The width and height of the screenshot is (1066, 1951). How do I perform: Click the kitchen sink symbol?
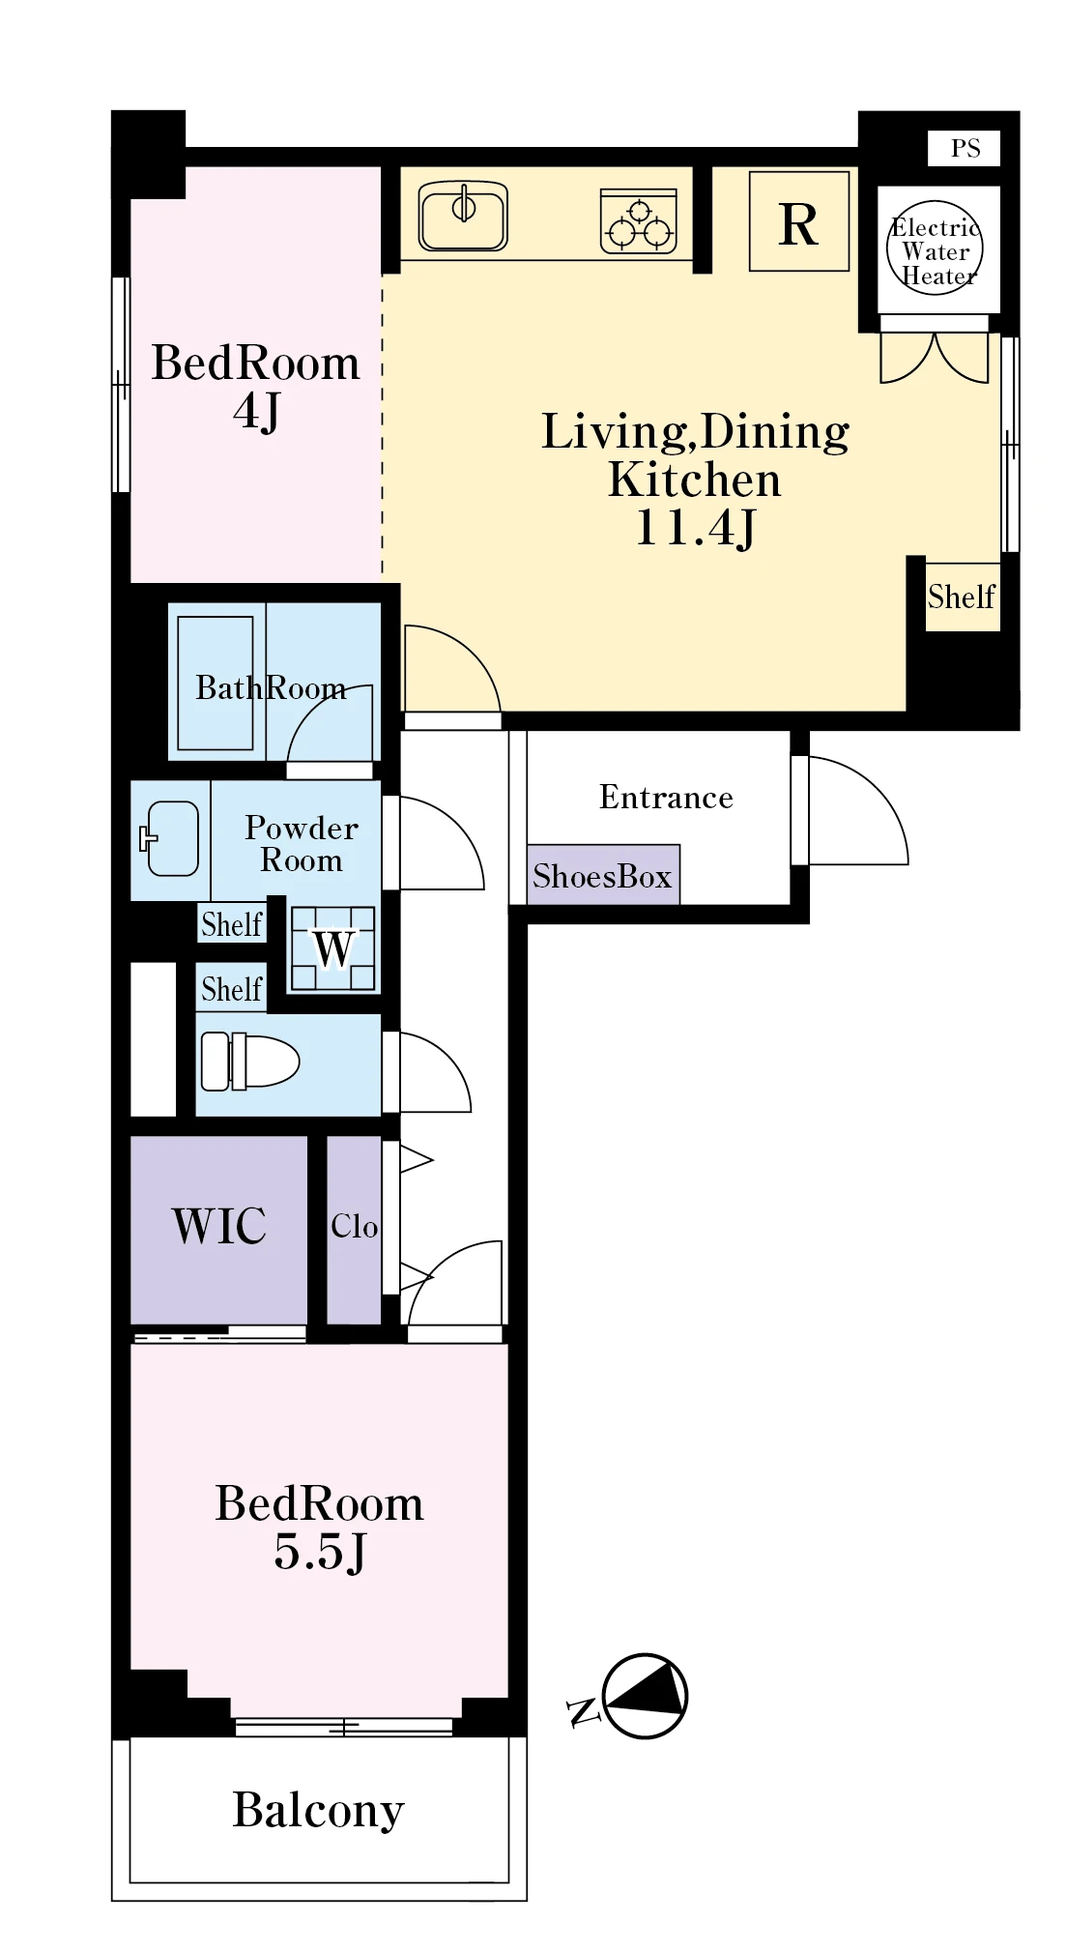click(463, 217)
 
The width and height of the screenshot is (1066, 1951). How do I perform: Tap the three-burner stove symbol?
click(638, 221)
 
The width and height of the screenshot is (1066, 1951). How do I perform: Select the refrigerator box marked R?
click(799, 221)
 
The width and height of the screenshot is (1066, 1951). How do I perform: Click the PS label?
click(965, 148)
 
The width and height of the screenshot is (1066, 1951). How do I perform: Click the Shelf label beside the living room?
click(962, 597)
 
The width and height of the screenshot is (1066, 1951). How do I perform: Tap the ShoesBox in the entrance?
click(603, 875)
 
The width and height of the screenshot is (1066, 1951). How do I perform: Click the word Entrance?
click(666, 797)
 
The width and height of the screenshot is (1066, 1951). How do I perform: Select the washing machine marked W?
click(333, 948)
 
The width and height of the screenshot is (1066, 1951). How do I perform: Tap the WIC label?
click(219, 1226)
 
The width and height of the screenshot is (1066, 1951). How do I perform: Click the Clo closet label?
click(354, 1226)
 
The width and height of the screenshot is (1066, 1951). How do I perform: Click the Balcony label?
click(318, 1811)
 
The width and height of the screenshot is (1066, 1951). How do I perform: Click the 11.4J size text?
click(695, 528)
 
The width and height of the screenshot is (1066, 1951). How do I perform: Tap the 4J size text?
click(256, 412)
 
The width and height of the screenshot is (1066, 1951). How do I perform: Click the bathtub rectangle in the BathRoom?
click(216, 683)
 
